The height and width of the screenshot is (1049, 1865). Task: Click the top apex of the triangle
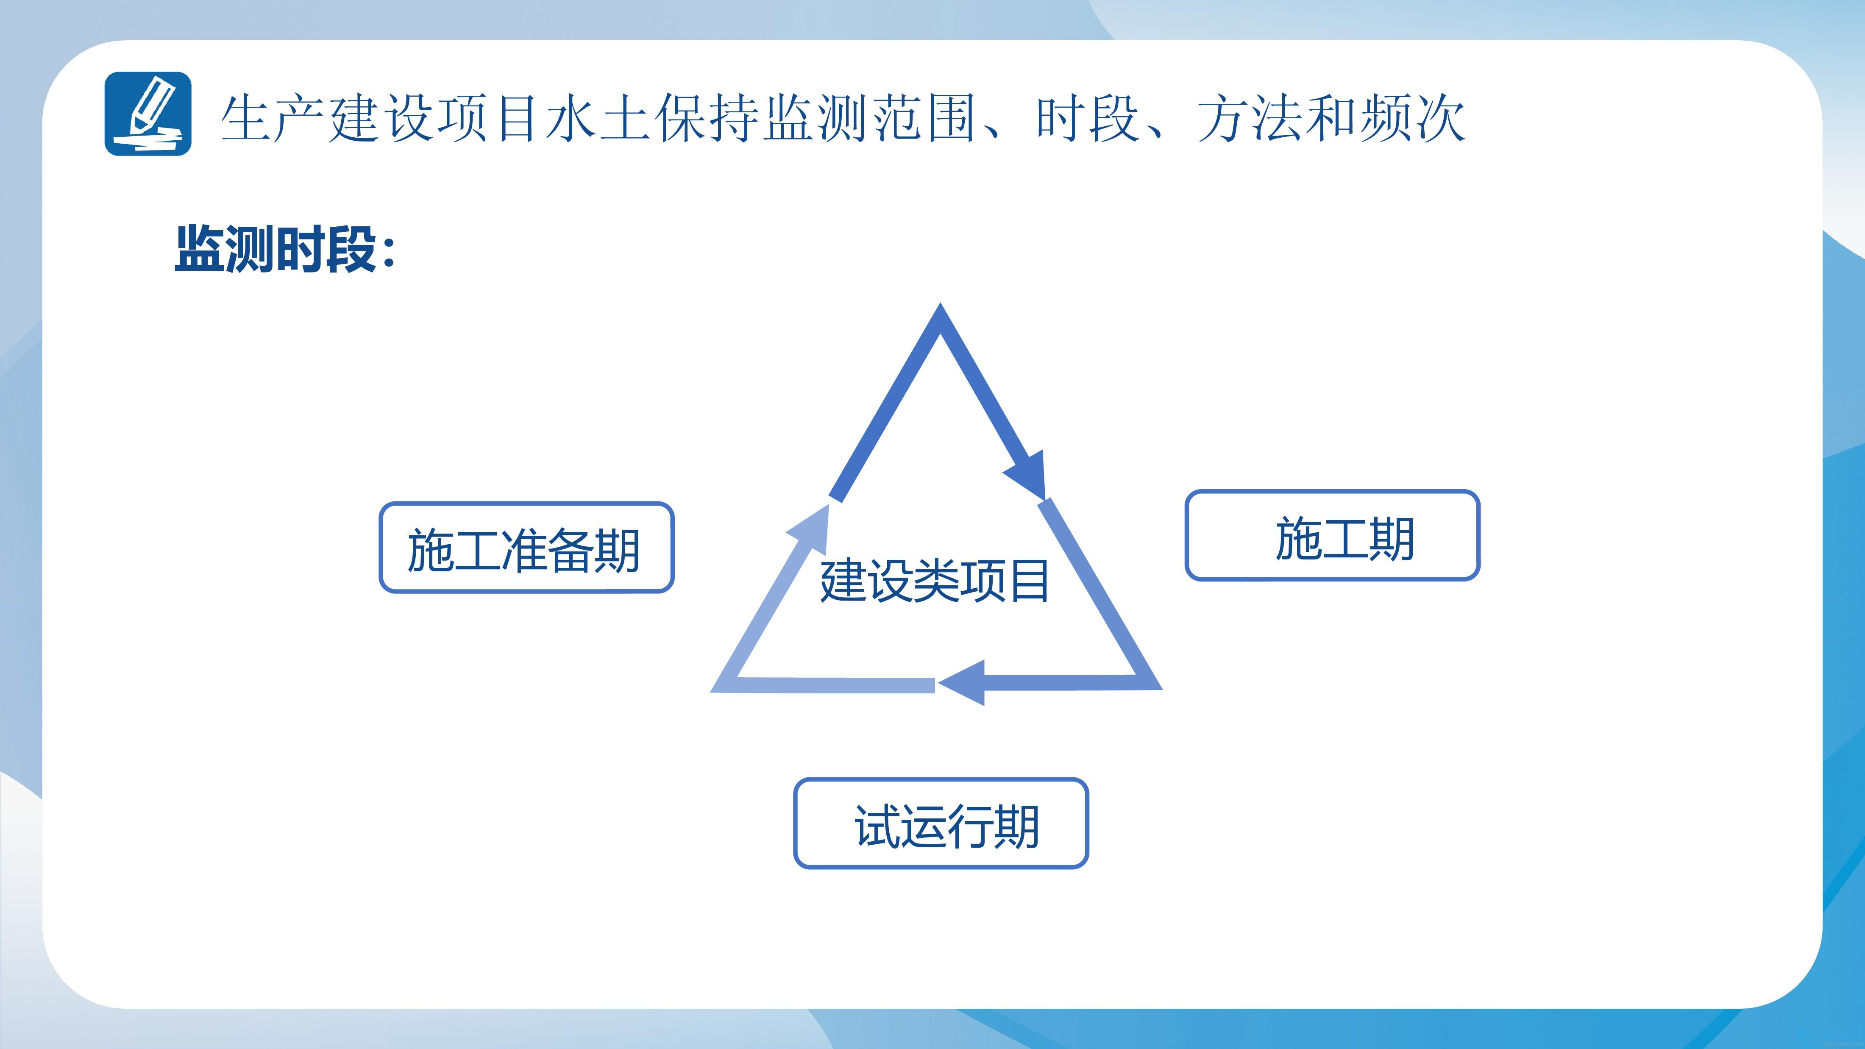941,304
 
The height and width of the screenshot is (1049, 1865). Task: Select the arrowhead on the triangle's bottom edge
961,683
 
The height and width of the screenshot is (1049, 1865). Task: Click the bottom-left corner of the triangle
712,691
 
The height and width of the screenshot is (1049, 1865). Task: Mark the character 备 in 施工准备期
569,550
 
